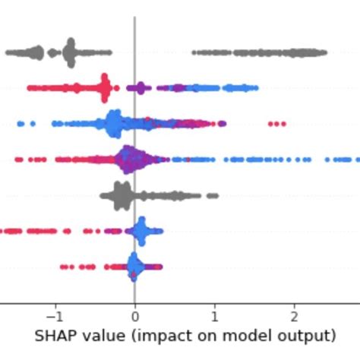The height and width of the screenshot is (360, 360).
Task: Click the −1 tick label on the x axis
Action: [53, 315]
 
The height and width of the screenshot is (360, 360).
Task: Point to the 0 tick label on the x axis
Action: [134, 315]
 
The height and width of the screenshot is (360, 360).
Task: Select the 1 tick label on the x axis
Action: [214, 315]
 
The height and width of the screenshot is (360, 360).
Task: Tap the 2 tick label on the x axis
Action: [294, 315]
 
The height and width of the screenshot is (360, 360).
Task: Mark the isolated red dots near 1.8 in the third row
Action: [276, 123]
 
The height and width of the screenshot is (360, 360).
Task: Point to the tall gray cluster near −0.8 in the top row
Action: [70, 52]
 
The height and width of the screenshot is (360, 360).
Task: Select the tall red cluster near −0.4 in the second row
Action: [105, 88]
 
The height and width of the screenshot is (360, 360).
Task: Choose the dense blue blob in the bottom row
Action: [134, 266]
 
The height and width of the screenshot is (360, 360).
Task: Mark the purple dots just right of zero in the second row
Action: [138, 88]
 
